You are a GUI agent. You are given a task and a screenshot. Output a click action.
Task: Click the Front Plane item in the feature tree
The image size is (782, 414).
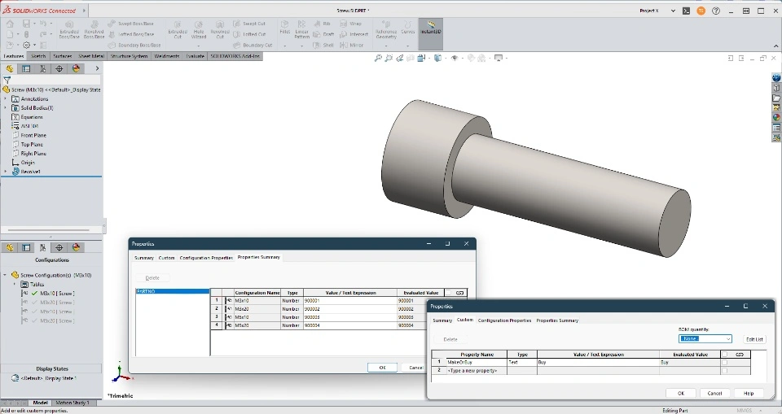click(33, 135)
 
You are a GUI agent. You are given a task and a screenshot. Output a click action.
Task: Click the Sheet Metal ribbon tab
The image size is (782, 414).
click(90, 56)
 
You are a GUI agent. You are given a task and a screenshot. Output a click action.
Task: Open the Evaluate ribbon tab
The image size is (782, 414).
click(195, 56)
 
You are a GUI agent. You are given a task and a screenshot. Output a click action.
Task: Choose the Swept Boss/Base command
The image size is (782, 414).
click(134, 24)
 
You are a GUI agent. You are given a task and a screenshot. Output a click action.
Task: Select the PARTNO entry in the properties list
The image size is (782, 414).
click(147, 291)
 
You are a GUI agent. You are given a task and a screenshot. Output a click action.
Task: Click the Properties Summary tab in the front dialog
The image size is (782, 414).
click(557, 320)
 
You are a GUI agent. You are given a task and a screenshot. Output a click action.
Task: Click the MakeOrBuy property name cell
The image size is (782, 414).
click(460, 362)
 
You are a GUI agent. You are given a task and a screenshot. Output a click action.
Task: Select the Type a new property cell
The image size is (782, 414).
click(461, 370)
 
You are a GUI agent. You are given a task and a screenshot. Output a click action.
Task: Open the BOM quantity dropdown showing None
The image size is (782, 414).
click(705, 339)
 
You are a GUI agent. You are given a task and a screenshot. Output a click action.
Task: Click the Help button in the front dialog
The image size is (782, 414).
click(748, 393)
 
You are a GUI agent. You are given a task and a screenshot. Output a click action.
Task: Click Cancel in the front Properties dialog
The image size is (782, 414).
click(714, 393)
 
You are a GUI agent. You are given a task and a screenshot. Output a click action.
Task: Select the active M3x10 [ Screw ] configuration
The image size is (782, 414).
click(57, 293)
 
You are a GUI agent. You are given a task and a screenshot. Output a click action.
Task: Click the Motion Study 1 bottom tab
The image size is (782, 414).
click(72, 403)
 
